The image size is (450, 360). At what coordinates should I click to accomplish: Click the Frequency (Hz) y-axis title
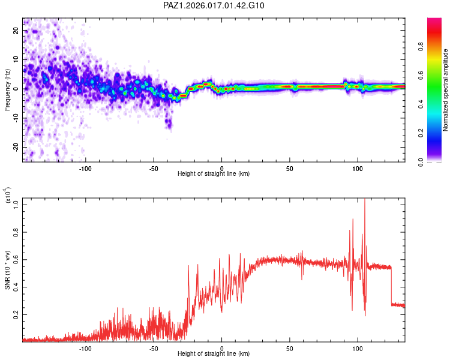coord(7,90)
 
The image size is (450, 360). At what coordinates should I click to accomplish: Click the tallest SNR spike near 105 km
coord(365,201)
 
